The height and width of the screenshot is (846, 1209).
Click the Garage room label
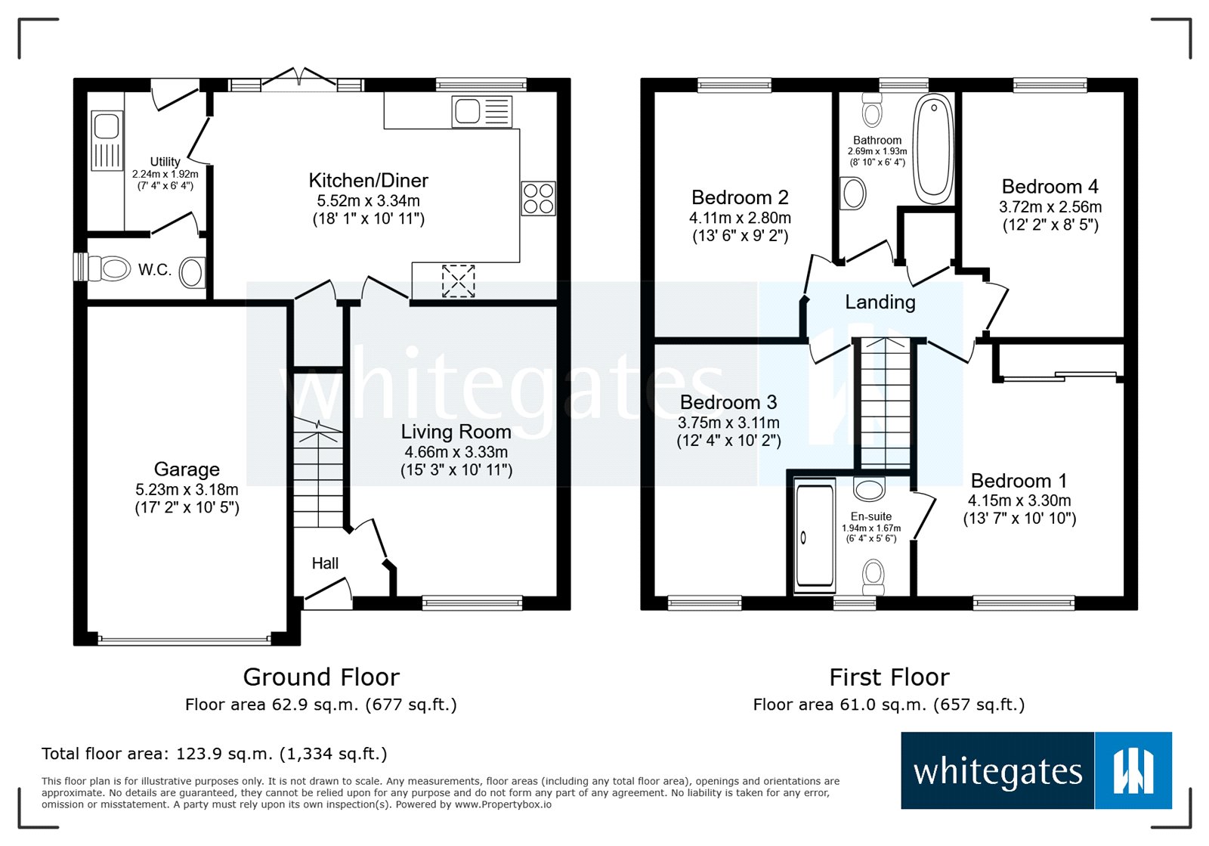(187, 469)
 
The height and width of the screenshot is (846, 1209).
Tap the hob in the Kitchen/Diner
(538, 199)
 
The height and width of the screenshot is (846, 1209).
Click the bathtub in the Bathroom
(934, 149)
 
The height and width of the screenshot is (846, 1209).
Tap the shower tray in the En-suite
(815, 536)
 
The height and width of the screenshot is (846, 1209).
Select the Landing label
(880, 302)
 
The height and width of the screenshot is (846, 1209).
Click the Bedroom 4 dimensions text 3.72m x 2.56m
(1050, 207)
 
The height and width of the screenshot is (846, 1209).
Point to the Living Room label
(456, 432)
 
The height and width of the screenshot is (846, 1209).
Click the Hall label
(325, 563)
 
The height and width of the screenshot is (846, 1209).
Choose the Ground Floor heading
(321, 677)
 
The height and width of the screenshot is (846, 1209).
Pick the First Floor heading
(889, 677)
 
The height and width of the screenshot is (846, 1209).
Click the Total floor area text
(214, 754)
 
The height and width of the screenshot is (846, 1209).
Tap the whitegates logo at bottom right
(1035, 770)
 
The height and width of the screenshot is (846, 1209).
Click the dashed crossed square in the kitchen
(458, 280)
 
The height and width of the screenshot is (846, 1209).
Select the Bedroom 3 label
(728, 402)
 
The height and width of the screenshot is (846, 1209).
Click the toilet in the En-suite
(874, 576)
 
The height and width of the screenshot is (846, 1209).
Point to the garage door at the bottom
(184, 640)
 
